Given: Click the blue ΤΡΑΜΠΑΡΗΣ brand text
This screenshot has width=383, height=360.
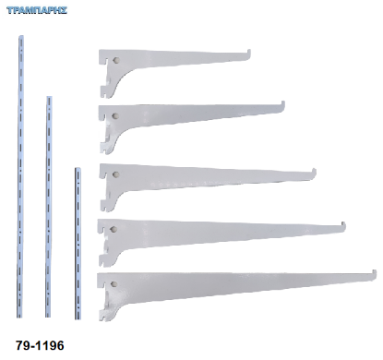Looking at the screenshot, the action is [37, 10].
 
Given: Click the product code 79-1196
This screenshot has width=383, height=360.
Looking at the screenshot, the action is [40, 345].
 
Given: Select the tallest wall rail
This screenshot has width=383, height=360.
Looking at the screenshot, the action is [20, 176].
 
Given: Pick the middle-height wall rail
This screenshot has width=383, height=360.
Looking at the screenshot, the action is [48, 207].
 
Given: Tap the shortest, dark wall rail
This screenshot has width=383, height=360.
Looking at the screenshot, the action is [78, 244].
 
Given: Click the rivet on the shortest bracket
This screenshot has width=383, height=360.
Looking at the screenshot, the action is [116, 61].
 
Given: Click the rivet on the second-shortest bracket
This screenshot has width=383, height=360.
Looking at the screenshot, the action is [115, 116].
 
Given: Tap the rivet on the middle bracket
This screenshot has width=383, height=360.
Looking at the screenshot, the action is [115, 174].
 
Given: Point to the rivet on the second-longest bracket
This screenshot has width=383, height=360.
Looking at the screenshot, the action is [114, 229].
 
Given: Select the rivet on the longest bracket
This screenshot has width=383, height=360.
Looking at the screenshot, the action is [114, 284].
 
